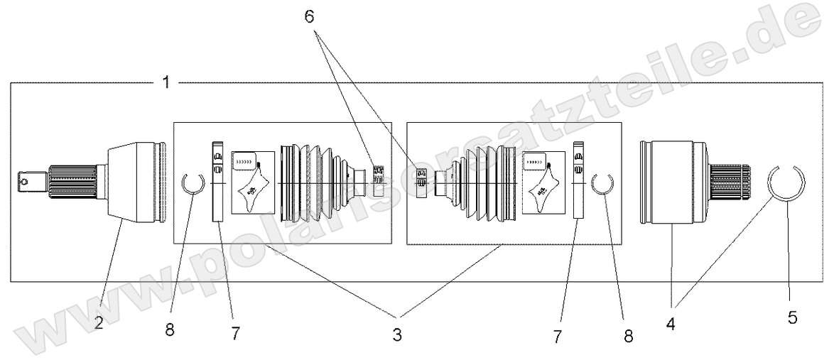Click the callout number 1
coord(166,82)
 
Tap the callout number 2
coord(99,322)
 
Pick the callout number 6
coord(309,17)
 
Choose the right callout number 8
coord(628,334)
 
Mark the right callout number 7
coord(558,334)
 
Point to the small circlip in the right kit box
coord(602,184)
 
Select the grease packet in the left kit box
coord(251,183)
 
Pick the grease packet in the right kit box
coord(543,183)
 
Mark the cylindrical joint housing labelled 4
coord(671,183)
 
